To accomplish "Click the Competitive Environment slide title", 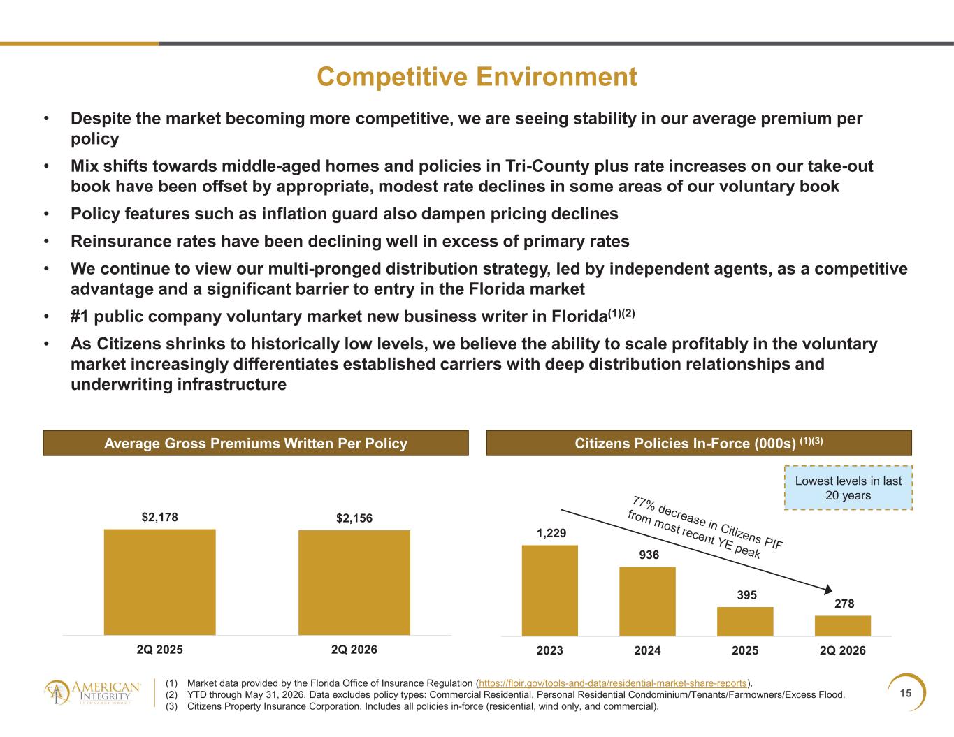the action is point(477,78).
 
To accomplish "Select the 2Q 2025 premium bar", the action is point(160,582).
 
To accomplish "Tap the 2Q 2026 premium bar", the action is point(354,583).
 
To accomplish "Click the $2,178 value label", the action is point(160,517).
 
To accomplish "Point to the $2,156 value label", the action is point(354,518).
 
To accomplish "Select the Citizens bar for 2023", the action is point(549,590).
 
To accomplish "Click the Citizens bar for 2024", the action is point(648,601).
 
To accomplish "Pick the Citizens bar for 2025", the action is point(745,622).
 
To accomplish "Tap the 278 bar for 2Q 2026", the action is point(843,626).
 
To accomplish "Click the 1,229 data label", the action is point(551,533).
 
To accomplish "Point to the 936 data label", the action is point(649,555).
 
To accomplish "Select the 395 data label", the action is point(747,595).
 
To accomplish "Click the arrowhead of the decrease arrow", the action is point(829,590).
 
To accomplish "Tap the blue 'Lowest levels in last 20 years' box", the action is point(848,488).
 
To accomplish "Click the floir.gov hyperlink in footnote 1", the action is point(612,683).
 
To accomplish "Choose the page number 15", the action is point(905,693).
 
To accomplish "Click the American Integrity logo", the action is point(92,693).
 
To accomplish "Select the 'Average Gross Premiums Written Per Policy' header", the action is point(256,443).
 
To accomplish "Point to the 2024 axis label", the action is point(647,650).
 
